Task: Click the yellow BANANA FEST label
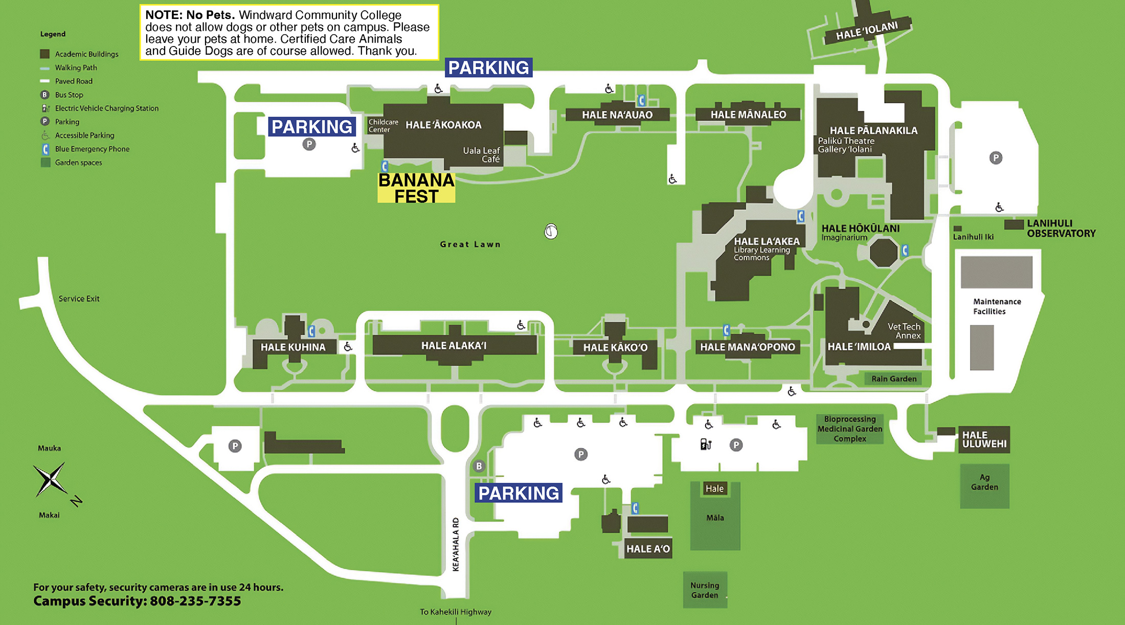click(x=416, y=188)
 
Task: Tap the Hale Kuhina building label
click(x=293, y=347)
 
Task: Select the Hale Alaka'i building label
click(x=454, y=346)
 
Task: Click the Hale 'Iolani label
click(x=867, y=31)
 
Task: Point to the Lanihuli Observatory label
click(x=1061, y=229)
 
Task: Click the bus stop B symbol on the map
click(x=479, y=466)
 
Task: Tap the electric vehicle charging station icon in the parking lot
click(x=706, y=444)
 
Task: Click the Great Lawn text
click(x=470, y=244)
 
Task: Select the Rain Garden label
click(x=894, y=379)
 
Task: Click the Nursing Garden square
click(x=705, y=590)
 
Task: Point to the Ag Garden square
click(x=984, y=486)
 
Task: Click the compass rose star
click(x=50, y=480)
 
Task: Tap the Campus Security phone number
click(x=195, y=601)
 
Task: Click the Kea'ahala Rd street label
click(x=456, y=544)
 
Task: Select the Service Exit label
click(x=79, y=299)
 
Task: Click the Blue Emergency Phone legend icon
click(x=46, y=149)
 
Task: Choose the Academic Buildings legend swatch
click(x=45, y=54)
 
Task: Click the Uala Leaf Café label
click(x=481, y=155)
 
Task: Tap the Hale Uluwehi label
click(x=984, y=440)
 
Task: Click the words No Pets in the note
click(x=210, y=15)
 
